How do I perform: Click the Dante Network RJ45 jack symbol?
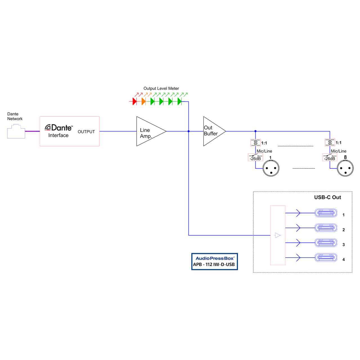pyautogui.click(x=16, y=132)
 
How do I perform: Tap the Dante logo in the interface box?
pyautogui.click(x=59, y=128)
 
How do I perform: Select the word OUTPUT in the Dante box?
pyautogui.click(x=86, y=132)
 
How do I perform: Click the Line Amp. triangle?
pyautogui.click(x=149, y=131)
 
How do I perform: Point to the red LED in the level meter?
pyautogui.click(x=134, y=101)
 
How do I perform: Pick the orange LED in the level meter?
pyautogui.click(x=143, y=101)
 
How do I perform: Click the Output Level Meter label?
pyautogui.click(x=161, y=88)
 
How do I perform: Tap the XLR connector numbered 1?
pyautogui.click(x=271, y=169)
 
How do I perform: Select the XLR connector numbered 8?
pyautogui.click(x=345, y=168)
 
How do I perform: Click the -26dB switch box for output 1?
pyautogui.click(x=255, y=157)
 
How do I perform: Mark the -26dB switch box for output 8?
pyautogui.click(x=330, y=157)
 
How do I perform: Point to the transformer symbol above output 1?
pyautogui.click(x=255, y=143)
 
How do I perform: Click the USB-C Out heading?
pyautogui.click(x=327, y=197)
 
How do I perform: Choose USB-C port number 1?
pyautogui.click(x=326, y=213)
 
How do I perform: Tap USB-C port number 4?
pyautogui.click(x=326, y=257)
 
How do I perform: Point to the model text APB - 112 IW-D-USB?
pyautogui.click(x=214, y=265)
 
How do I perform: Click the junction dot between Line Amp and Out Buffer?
pyautogui.click(x=188, y=131)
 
